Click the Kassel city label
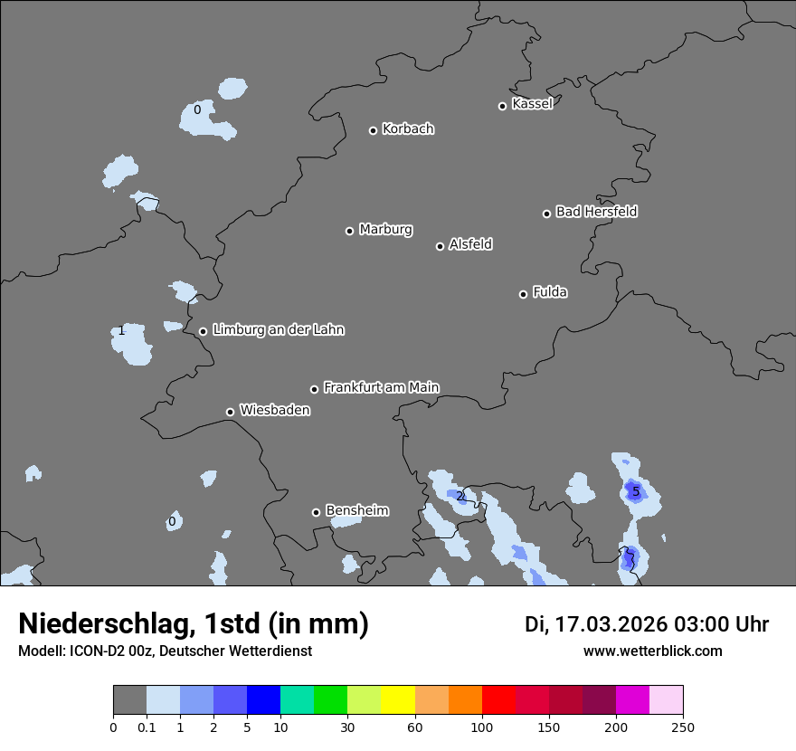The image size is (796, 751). (x=532, y=104)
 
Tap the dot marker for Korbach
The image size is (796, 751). (x=373, y=130)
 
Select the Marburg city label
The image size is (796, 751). (x=385, y=230)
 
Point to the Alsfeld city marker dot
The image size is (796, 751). (x=440, y=246)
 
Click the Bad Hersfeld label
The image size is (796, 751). (x=596, y=212)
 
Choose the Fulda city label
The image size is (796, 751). (x=550, y=292)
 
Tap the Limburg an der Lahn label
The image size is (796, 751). (x=278, y=330)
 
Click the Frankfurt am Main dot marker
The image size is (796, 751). (x=314, y=389)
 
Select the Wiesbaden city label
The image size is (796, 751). (x=274, y=411)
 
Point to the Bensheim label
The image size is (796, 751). (x=356, y=511)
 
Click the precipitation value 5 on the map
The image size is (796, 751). (x=636, y=492)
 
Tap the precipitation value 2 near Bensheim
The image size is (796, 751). (x=460, y=496)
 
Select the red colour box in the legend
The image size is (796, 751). (x=498, y=700)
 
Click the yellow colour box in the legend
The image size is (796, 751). (x=398, y=700)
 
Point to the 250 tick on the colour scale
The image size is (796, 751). (x=683, y=727)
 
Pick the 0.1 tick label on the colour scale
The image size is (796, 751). (x=147, y=727)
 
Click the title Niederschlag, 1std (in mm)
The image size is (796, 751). (x=194, y=624)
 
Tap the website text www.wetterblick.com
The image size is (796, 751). (x=652, y=651)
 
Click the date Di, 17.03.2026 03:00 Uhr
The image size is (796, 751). (x=647, y=624)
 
